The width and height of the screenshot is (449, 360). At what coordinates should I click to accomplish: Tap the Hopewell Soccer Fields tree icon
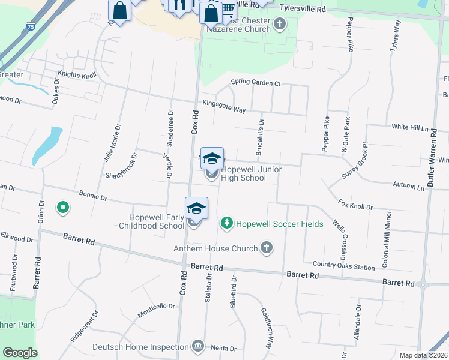click(x=226, y=223)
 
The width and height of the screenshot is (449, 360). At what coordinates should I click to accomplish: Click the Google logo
click(x=20, y=353)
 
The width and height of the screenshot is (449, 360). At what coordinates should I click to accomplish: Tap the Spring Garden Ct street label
click(x=256, y=83)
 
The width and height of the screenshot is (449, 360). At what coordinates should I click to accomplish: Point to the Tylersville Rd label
click(x=304, y=10)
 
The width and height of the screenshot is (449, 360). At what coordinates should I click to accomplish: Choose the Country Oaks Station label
click(x=343, y=265)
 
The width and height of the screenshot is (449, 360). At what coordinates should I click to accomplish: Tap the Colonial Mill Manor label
click(x=385, y=234)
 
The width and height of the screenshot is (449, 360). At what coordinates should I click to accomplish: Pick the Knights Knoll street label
click(x=77, y=76)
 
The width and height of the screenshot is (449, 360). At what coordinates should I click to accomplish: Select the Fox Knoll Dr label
click(x=355, y=206)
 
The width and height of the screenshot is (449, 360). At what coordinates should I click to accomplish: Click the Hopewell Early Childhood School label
click(x=157, y=221)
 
